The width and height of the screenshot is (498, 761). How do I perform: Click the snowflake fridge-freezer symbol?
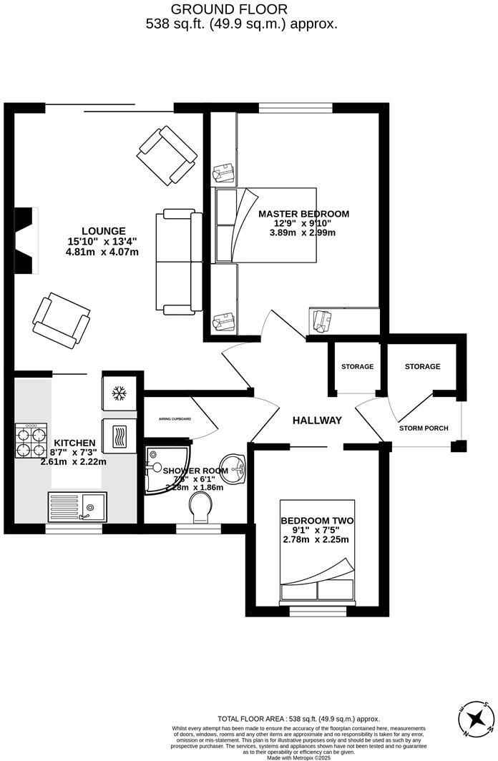tap(119, 393)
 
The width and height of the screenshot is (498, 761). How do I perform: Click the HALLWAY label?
tap(317, 421)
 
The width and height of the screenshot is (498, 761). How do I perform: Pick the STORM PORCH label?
tap(424, 428)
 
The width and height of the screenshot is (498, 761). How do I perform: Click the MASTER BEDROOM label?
tap(303, 214)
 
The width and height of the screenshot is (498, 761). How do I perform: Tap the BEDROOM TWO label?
tap(316, 521)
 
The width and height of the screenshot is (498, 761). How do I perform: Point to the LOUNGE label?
tap(103, 231)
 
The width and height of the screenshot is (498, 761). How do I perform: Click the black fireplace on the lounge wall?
tap(24, 241)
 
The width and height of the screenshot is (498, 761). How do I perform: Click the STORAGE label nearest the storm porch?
tap(422, 367)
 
